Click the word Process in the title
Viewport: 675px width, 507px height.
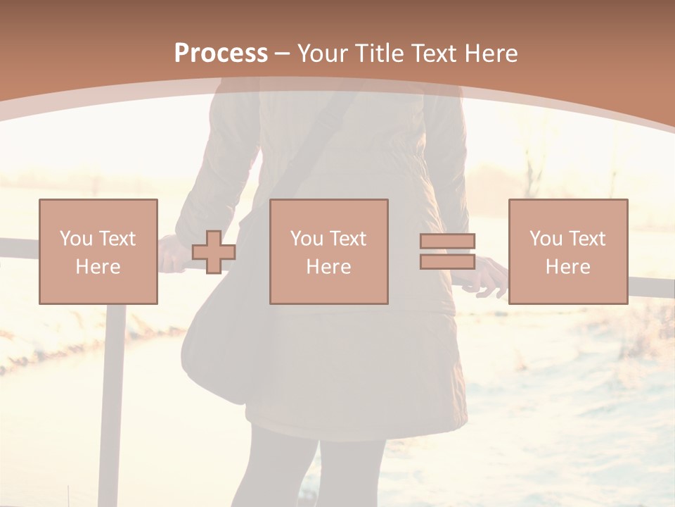click(x=221, y=54)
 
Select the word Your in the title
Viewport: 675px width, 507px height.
click(x=325, y=54)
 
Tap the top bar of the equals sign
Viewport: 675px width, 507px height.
click(x=447, y=242)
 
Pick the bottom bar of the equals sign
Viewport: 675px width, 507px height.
click(x=447, y=262)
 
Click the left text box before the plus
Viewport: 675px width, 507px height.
click(x=98, y=252)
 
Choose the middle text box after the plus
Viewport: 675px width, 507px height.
click(x=329, y=252)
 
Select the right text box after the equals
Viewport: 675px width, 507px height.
click(x=568, y=252)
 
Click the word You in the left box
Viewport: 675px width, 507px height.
click(x=75, y=239)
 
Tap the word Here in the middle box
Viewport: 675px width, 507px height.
click(x=329, y=267)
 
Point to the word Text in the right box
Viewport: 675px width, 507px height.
click(x=586, y=239)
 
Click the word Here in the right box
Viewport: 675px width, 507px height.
click(x=568, y=267)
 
